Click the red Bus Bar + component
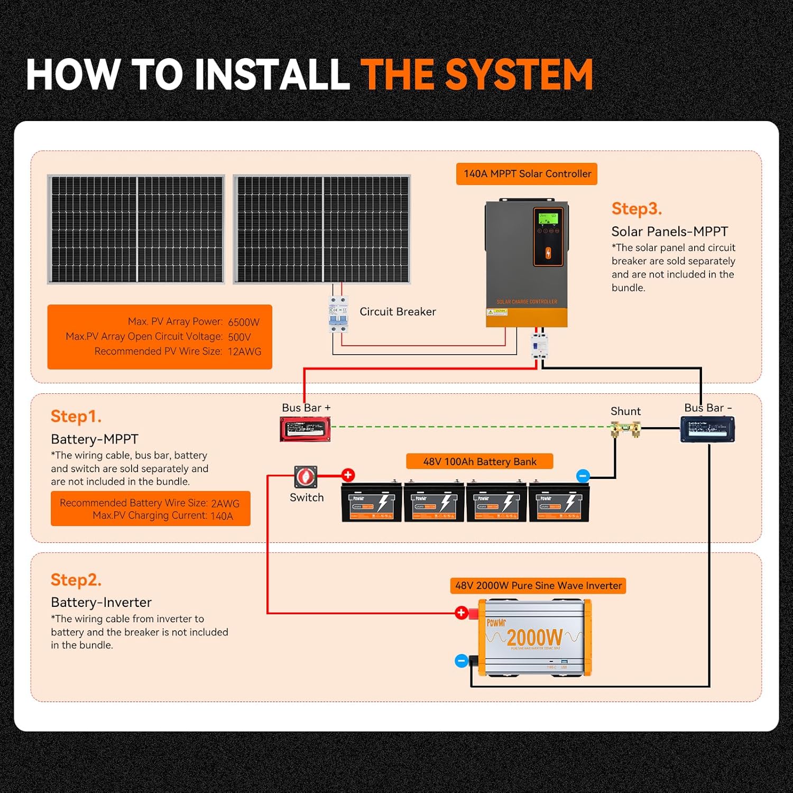click(x=305, y=429)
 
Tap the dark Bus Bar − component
click(x=707, y=429)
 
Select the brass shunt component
click(x=626, y=429)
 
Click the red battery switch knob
click(x=306, y=477)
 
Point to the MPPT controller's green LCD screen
click(x=548, y=218)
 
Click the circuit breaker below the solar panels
click(x=338, y=315)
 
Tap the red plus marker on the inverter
click(x=461, y=613)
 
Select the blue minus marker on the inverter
click(x=461, y=661)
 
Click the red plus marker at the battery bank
click(x=348, y=475)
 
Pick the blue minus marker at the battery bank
click(x=583, y=476)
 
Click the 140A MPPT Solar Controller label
click(x=527, y=174)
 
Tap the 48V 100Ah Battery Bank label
click(x=480, y=462)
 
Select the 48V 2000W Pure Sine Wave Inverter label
click(x=538, y=586)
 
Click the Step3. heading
click(x=637, y=209)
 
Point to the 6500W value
click(x=244, y=322)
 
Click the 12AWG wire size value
click(x=244, y=352)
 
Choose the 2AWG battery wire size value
click(x=225, y=504)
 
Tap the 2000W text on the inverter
click(x=534, y=638)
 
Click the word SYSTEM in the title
click(x=519, y=75)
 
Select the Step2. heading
click(x=76, y=580)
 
